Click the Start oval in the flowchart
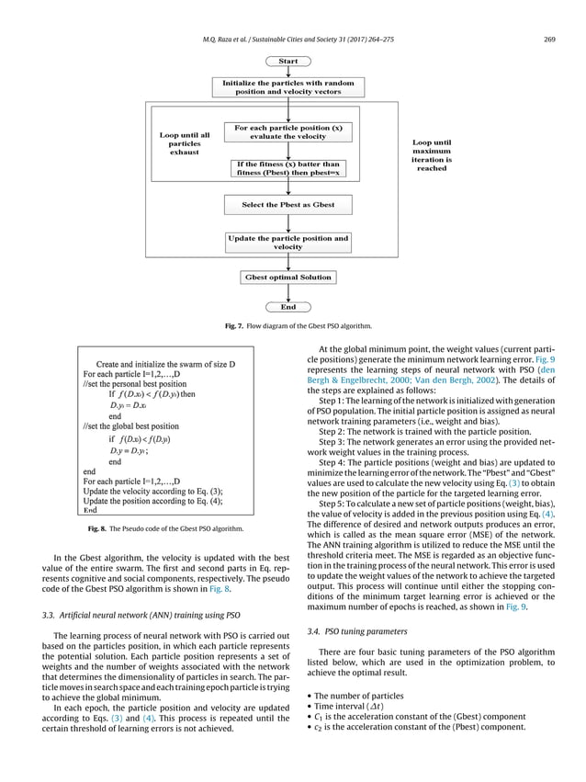(x=288, y=62)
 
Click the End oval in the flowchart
(x=287, y=306)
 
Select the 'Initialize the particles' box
(x=288, y=87)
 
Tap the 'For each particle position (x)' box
(x=288, y=131)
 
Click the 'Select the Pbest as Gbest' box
(x=288, y=204)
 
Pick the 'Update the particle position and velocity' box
(x=288, y=243)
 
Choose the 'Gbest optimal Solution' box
(x=288, y=277)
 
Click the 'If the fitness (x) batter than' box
(x=288, y=168)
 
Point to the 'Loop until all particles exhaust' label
(x=185, y=143)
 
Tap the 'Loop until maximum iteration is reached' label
(x=431, y=156)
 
